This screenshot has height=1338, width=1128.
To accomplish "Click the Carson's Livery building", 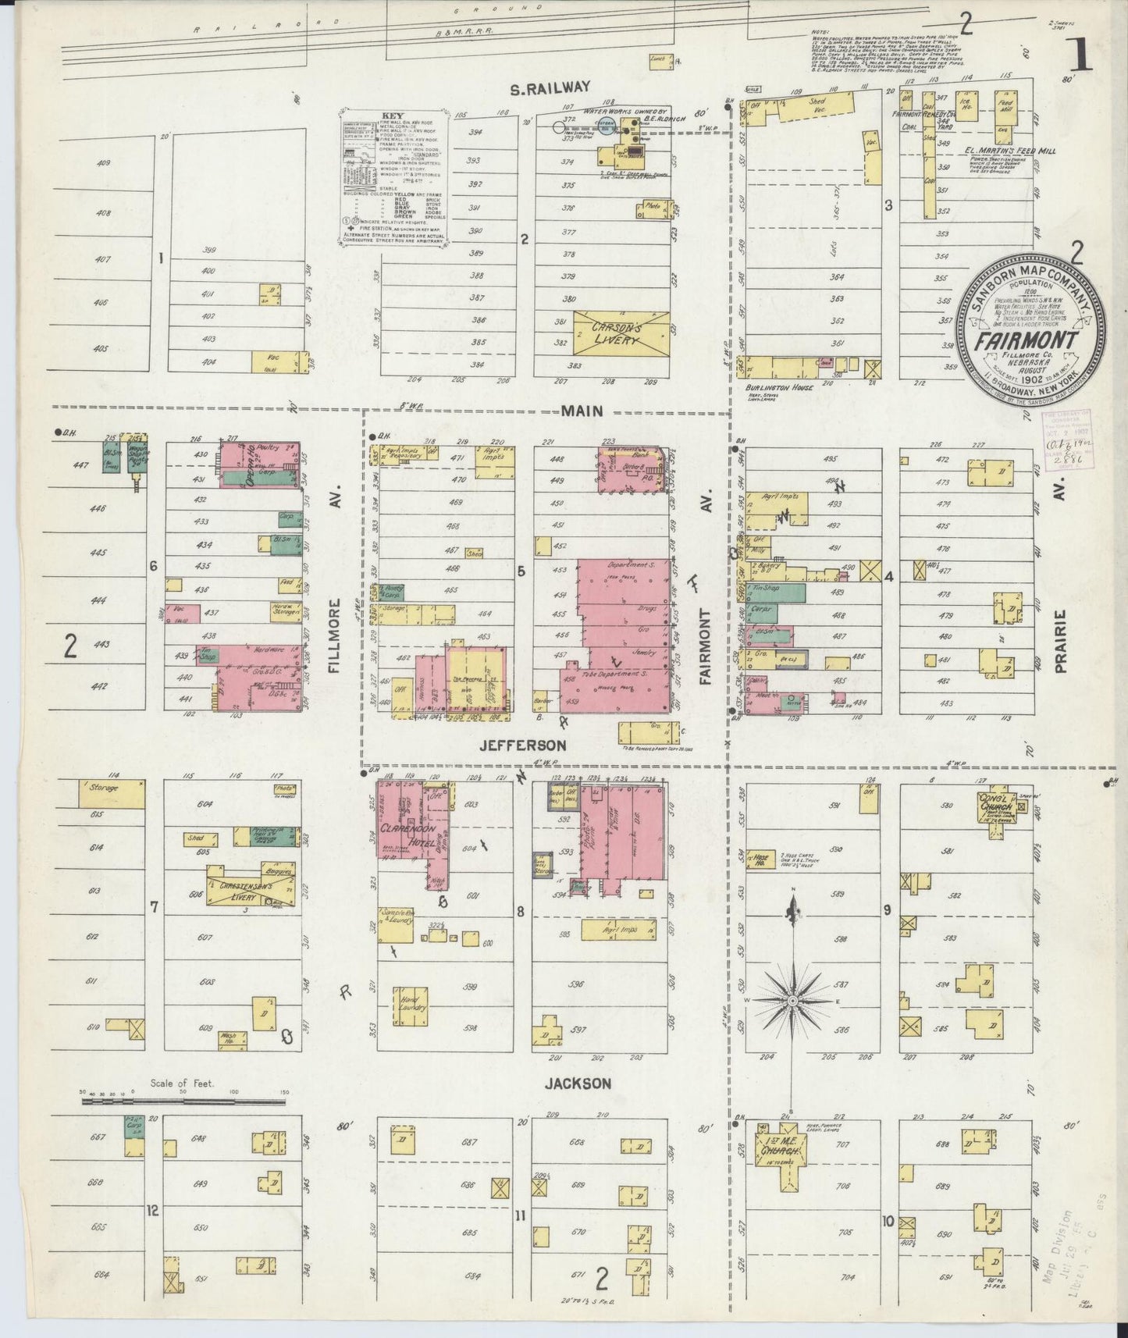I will click(621, 334).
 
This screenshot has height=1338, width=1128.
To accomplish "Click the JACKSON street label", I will click(578, 1083).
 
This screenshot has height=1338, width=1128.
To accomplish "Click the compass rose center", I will click(792, 1000).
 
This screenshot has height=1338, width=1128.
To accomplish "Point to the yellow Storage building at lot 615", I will click(112, 793).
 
